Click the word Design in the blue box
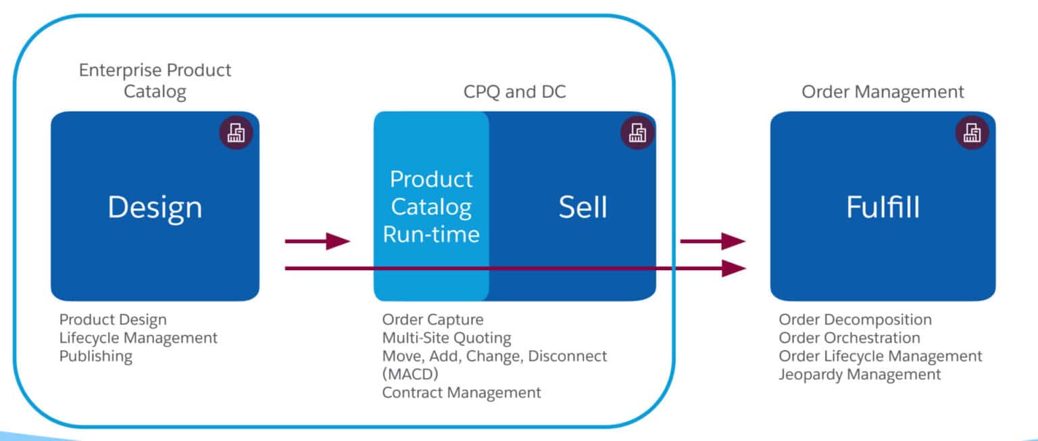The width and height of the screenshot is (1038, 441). (x=155, y=207)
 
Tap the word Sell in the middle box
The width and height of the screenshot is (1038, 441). (x=583, y=207)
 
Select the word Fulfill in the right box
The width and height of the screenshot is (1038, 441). (x=883, y=207)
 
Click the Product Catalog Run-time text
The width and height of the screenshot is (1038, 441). (x=431, y=207)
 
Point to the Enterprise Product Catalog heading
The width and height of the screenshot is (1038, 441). (x=155, y=80)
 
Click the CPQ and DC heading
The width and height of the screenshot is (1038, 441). (x=514, y=92)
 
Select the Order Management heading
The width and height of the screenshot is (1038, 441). (x=883, y=92)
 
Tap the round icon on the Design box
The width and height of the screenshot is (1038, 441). (x=236, y=132)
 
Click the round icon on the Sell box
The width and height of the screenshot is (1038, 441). (x=637, y=132)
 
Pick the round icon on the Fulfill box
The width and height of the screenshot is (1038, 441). (x=972, y=132)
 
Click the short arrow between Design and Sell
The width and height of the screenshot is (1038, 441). (x=318, y=240)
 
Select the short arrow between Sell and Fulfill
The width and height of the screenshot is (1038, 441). (x=712, y=240)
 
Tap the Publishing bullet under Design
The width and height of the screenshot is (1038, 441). (x=96, y=356)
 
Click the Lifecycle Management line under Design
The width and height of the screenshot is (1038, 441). (x=139, y=338)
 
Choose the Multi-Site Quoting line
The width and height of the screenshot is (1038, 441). (x=447, y=338)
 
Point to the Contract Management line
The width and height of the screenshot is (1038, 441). (x=462, y=392)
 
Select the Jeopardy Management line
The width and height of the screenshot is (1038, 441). (x=860, y=374)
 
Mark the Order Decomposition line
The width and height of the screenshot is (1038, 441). (x=855, y=319)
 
